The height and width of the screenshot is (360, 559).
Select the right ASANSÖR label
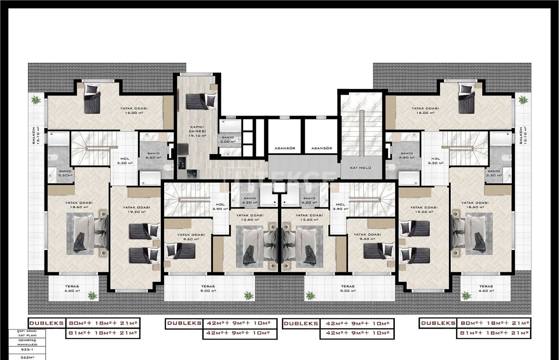pyautogui.click(x=322, y=148)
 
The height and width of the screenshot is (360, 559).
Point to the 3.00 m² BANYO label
pyautogui.click(x=228, y=139)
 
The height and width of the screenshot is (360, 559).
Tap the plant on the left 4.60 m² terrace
pyautogui.click(x=92, y=295)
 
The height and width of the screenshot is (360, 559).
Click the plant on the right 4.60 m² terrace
pyautogui.click(x=466, y=295)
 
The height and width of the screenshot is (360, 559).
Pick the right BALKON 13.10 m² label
pyautogui.click(x=521, y=137)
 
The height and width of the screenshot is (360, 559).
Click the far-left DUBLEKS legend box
pyautogui.click(x=47, y=323)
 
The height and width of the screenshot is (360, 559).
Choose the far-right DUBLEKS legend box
pyautogui.click(x=438, y=323)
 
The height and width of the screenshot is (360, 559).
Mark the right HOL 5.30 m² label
pyautogui.click(x=435, y=161)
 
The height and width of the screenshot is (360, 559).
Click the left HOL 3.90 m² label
pyautogui.click(x=220, y=206)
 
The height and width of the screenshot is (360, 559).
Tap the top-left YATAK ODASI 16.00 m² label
pyautogui.click(x=134, y=110)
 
